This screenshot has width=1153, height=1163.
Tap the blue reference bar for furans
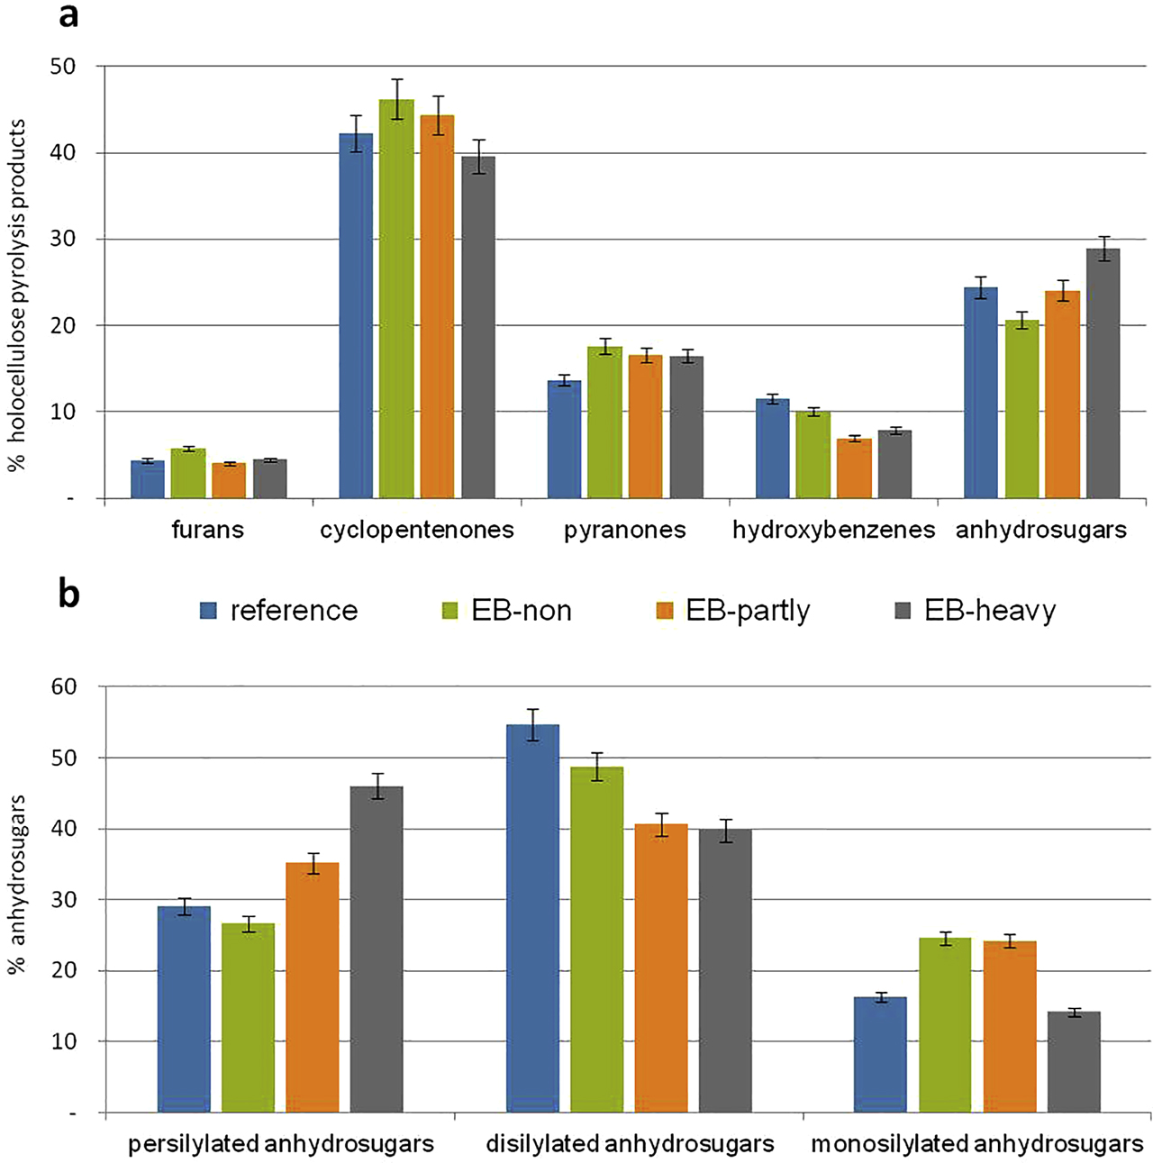148,479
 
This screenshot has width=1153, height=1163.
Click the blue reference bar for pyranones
565,440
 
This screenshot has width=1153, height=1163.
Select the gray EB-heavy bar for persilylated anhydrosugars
377,949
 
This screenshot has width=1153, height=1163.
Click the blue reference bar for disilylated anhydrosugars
532,918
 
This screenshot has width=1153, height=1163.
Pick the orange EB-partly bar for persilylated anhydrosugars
313,987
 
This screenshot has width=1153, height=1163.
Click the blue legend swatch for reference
209,612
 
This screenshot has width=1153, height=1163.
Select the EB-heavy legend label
989,611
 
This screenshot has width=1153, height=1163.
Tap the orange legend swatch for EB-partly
665,612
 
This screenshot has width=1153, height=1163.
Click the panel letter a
68,15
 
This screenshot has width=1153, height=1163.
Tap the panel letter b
68,594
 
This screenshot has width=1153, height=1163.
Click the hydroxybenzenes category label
833,530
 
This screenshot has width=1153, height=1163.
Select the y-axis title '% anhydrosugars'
17,884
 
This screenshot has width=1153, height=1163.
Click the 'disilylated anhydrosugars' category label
630,1144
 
